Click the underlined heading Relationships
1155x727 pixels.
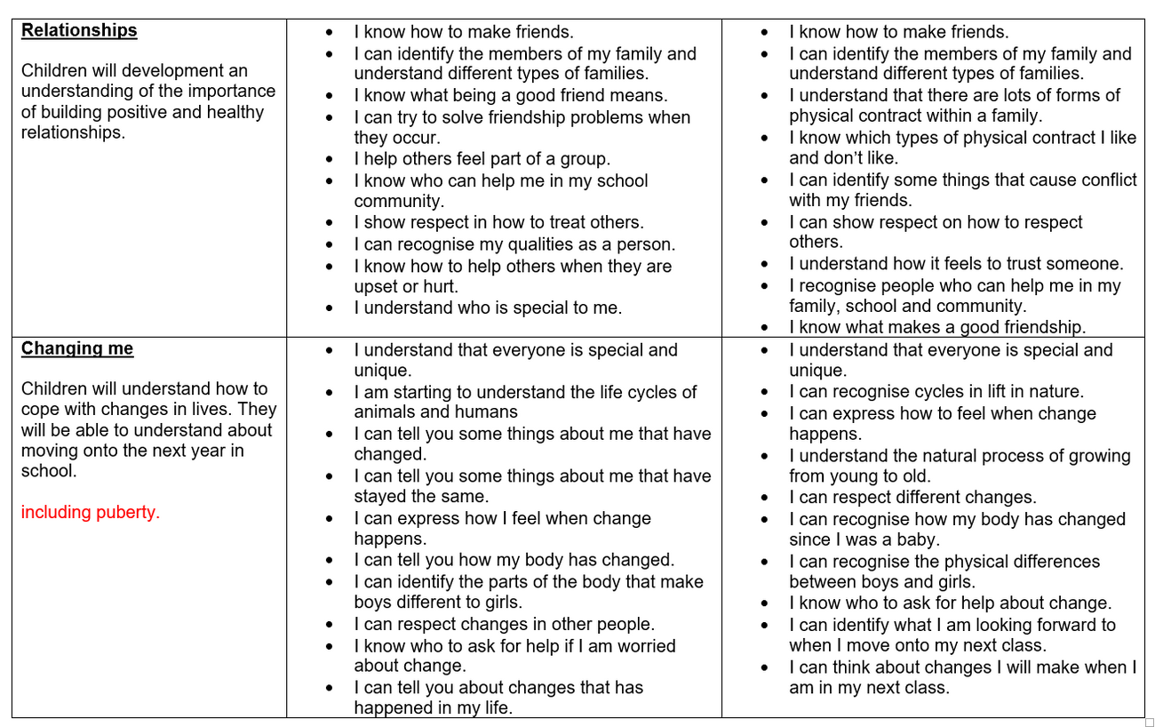[79, 30]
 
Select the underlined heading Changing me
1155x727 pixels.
[77, 348]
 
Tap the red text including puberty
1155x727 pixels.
[90, 513]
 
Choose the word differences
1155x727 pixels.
[1053, 562]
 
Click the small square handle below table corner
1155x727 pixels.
[1150, 722]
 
